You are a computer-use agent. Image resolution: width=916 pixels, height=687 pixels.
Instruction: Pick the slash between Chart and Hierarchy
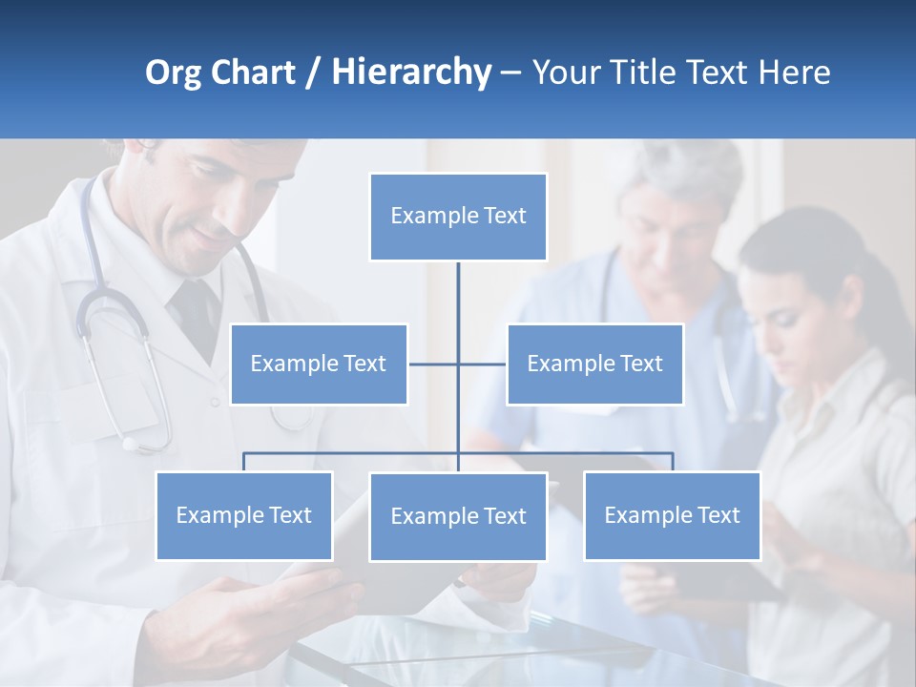[312, 73]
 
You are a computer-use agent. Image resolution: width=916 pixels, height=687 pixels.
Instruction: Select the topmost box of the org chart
[458, 217]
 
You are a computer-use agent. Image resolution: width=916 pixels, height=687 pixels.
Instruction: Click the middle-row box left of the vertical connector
[319, 364]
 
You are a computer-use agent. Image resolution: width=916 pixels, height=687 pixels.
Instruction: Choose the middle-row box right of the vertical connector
[594, 364]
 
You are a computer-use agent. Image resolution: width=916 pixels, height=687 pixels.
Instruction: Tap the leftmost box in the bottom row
[244, 516]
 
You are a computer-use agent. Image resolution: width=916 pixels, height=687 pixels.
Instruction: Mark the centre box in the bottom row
[458, 517]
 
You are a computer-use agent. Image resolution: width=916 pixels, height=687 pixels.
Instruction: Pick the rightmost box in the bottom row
[672, 516]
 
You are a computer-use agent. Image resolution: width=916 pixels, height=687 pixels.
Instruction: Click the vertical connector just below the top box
[458, 291]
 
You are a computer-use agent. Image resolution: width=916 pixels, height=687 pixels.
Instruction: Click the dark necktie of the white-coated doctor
[196, 315]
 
